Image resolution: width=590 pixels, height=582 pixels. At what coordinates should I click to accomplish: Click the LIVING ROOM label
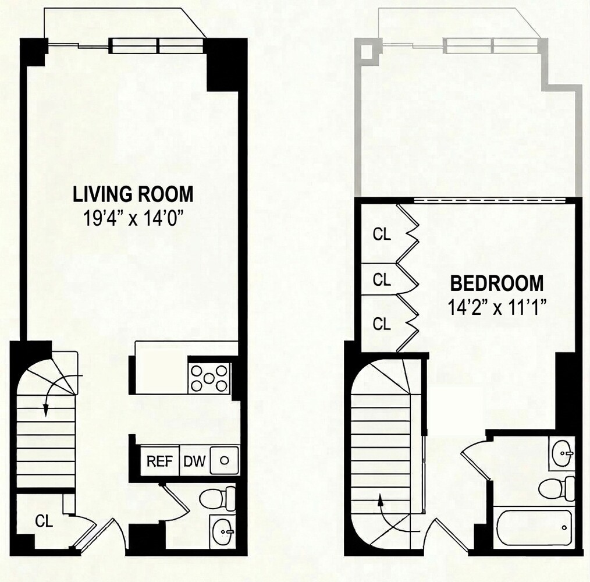pyautogui.click(x=133, y=194)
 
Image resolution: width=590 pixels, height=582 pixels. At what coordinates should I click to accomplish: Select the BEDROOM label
pyautogui.click(x=497, y=283)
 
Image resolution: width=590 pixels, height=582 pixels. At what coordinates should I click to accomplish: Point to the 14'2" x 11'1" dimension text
pyautogui.click(x=497, y=307)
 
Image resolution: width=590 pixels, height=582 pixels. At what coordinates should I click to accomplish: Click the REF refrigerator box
pyautogui.click(x=160, y=461)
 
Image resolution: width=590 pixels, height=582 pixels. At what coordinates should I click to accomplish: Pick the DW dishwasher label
pyautogui.click(x=194, y=461)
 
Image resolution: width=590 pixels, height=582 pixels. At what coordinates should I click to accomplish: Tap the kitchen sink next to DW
pyautogui.click(x=224, y=460)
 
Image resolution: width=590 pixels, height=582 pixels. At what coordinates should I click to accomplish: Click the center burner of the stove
pyautogui.click(x=209, y=378)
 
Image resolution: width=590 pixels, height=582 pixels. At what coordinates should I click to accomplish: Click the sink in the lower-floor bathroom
pyautogui.click(x=223, y=531)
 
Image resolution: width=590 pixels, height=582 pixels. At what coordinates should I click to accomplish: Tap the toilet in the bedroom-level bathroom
pyautogui.click(x=557, y=489)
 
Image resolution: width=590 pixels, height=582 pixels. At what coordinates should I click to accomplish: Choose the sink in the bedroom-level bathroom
pyautogui.click(x=561, y=453)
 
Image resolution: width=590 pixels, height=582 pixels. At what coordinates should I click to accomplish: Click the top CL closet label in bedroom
pyautogui.click(x=382, y=235)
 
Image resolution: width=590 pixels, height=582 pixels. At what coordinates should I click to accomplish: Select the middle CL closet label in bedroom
pyautogui.click(x=382, y=279)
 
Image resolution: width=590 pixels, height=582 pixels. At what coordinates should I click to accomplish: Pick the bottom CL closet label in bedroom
pyautogui.click(x=382, y=324)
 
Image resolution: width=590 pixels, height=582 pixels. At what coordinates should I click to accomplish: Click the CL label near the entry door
pyautogui.click(x=44, y=521)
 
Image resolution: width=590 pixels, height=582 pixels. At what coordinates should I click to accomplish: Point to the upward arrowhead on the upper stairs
pyautogui.click(x=381, y=499)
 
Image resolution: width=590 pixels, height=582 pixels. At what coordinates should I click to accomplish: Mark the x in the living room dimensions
pyautogui.click(x=133, y=220)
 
